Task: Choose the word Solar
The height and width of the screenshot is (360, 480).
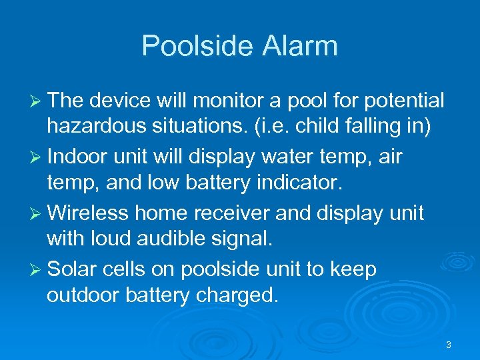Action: (71, 269)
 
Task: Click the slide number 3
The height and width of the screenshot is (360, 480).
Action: (449, 345)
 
